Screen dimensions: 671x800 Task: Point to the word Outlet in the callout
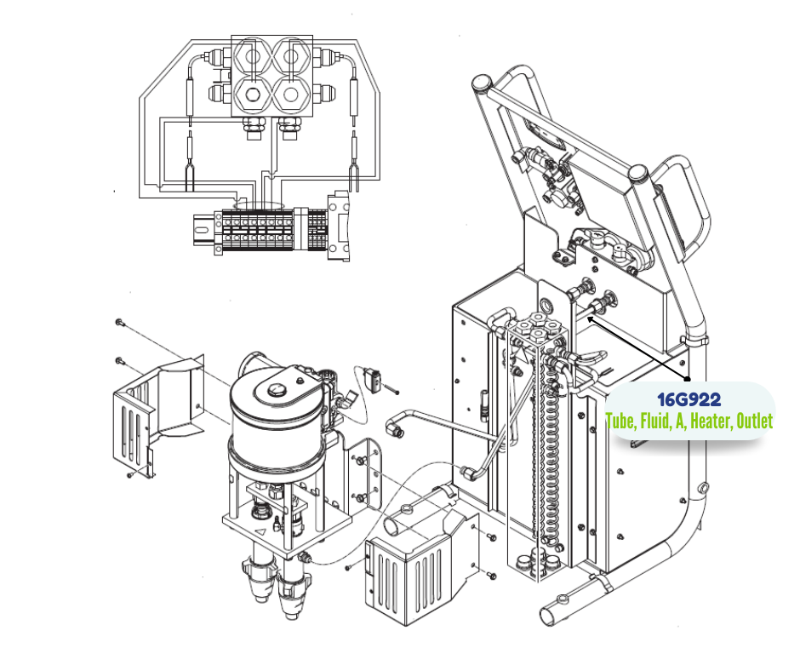coord(754,422)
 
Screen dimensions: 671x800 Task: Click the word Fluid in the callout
coord(654,422)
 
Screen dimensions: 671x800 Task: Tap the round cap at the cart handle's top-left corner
coord(481,83)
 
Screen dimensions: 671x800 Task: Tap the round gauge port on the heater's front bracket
coord(545,304)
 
